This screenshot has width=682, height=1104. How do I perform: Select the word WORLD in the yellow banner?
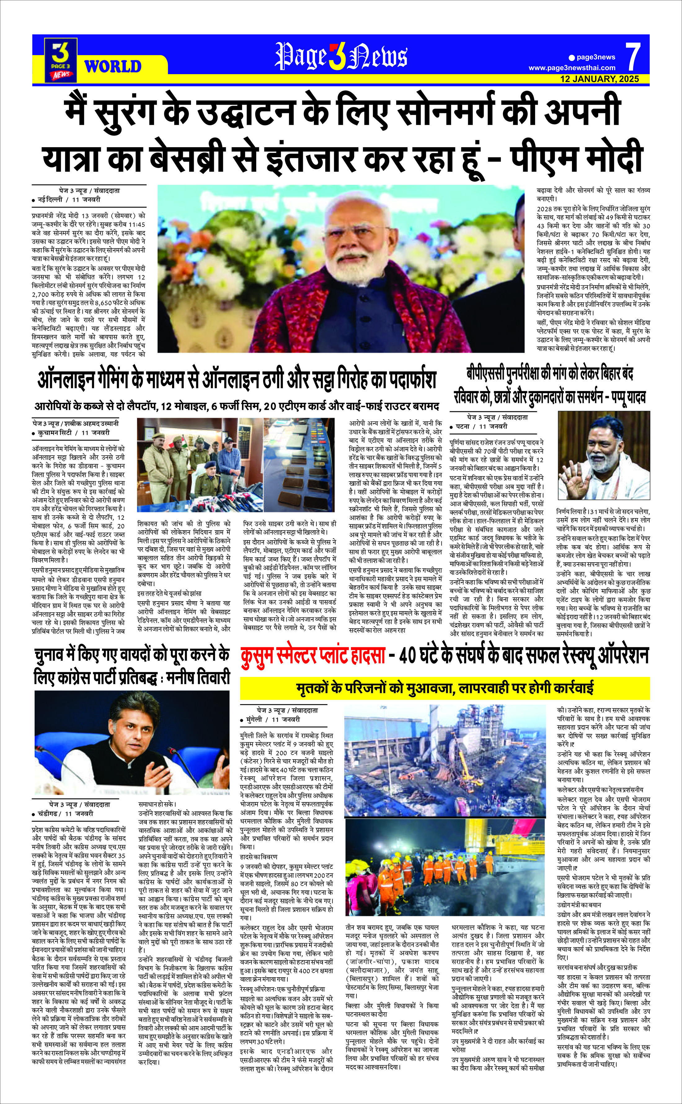(113, 66)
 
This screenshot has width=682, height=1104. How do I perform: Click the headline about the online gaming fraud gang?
(237, 380)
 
